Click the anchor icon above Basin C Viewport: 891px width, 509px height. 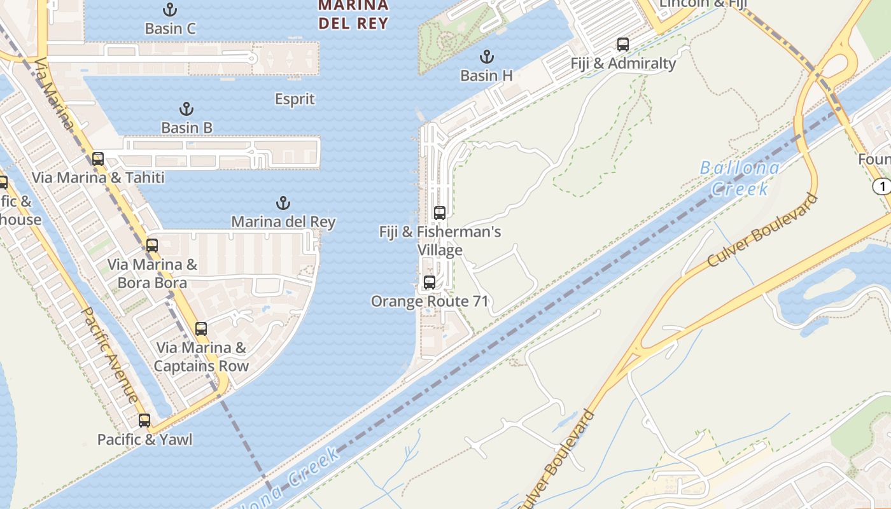coord(170,10)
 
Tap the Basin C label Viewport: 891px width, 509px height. coord(170,29)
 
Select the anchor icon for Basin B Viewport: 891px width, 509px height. coord(186,109)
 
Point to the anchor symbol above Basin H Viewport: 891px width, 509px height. coord(487,57)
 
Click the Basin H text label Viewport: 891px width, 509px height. coord(487,75)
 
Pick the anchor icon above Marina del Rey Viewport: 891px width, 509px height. coord(283,203)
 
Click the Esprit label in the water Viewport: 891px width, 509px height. coord(295,99)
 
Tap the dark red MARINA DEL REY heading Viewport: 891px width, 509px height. coord(353,15)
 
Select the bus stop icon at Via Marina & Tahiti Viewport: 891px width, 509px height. coord(98,159)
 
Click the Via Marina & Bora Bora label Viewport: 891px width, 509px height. coord(152,274)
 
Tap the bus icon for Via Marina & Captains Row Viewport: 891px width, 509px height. coord(201,329)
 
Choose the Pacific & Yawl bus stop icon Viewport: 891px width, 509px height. coord(144,421)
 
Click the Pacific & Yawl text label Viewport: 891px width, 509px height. coord(144,440)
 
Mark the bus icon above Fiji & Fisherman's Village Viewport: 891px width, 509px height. coord(440,213)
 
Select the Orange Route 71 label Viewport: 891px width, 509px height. coord(430,301)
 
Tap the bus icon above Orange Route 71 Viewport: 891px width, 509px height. coord(430,282)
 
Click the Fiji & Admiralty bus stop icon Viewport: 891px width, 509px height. coord(623,45)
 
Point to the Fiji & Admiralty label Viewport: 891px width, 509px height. coord(623,64)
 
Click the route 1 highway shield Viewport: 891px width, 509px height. coord(881,186)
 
